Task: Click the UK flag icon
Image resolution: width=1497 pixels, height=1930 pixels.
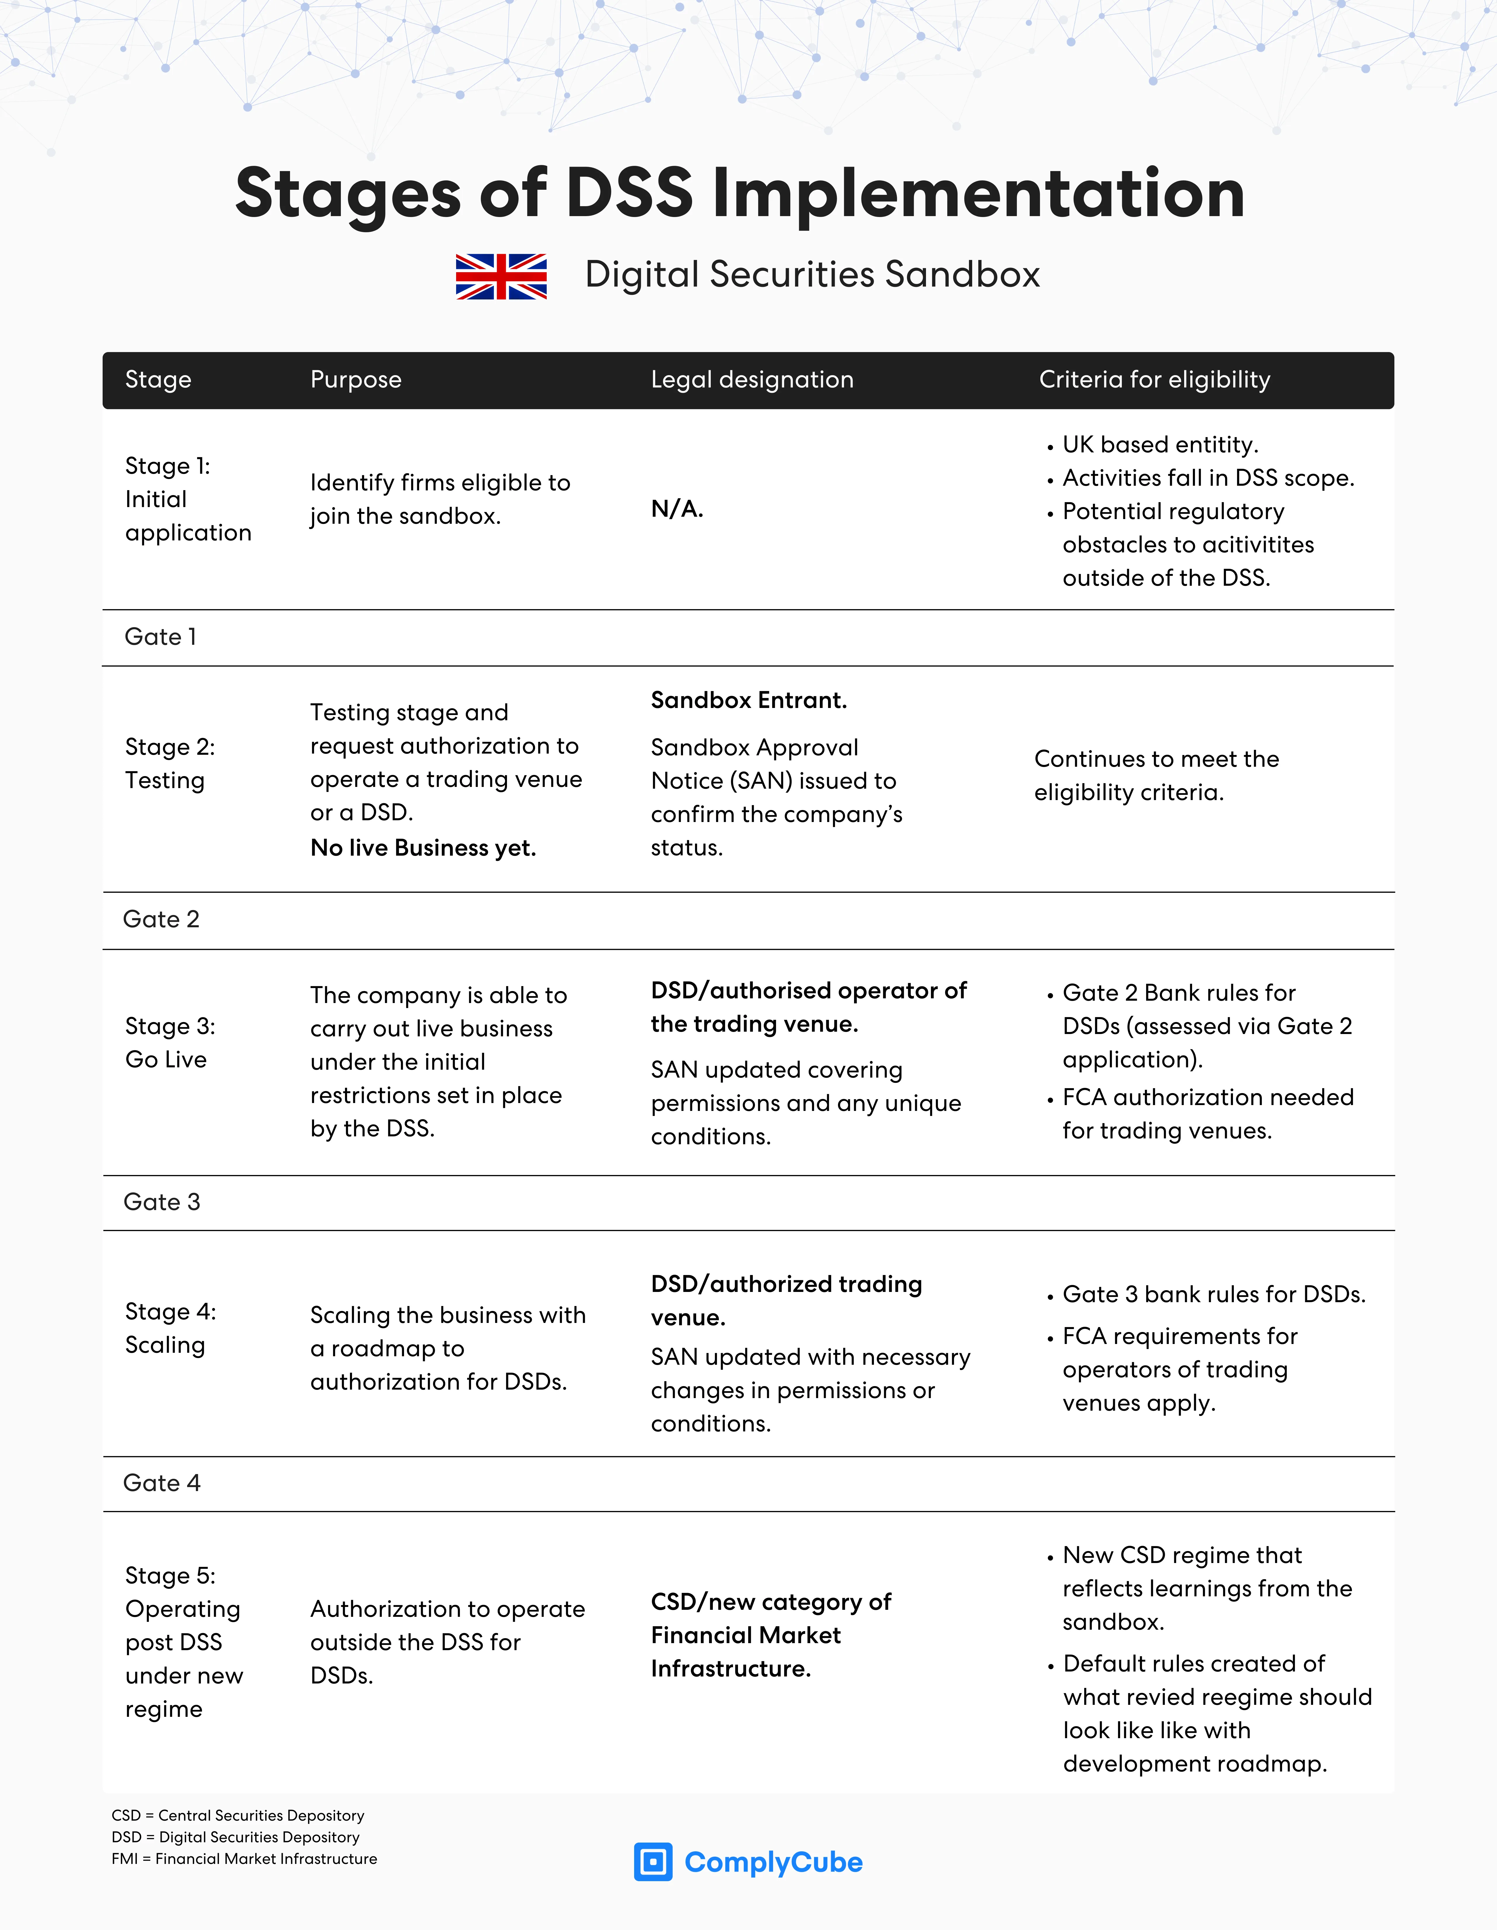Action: pos(501,277)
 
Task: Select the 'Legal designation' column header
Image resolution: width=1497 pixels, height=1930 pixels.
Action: pos(752,380)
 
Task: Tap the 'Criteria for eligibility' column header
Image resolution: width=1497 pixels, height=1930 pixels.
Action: pos(1154,380)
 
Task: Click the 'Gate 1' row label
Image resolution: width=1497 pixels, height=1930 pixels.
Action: pos(161,637)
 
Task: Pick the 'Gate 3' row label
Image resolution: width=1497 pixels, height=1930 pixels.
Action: pos(162,1202)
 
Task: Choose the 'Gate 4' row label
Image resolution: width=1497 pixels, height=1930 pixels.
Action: pos(162,1483)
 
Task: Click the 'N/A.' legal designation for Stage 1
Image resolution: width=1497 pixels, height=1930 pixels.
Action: pos(677,509)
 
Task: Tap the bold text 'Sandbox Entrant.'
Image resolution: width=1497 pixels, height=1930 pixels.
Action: pos(748,701)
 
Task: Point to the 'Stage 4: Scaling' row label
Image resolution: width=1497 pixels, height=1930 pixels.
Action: pos(170,1328)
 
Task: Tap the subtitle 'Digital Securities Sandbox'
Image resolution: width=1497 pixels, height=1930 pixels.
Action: pos(812,275)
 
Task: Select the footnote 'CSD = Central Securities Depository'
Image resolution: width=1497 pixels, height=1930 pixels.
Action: pos(238,1815)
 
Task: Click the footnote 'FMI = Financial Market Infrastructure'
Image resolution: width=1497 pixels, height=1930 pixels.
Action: pos(244,1858)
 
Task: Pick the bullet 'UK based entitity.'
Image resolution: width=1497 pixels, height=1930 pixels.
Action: pos(1159,444)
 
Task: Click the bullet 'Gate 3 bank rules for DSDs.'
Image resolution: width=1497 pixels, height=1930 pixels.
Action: pos(1213,1295)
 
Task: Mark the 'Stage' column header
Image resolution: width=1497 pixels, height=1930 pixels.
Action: pos(158,380)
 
